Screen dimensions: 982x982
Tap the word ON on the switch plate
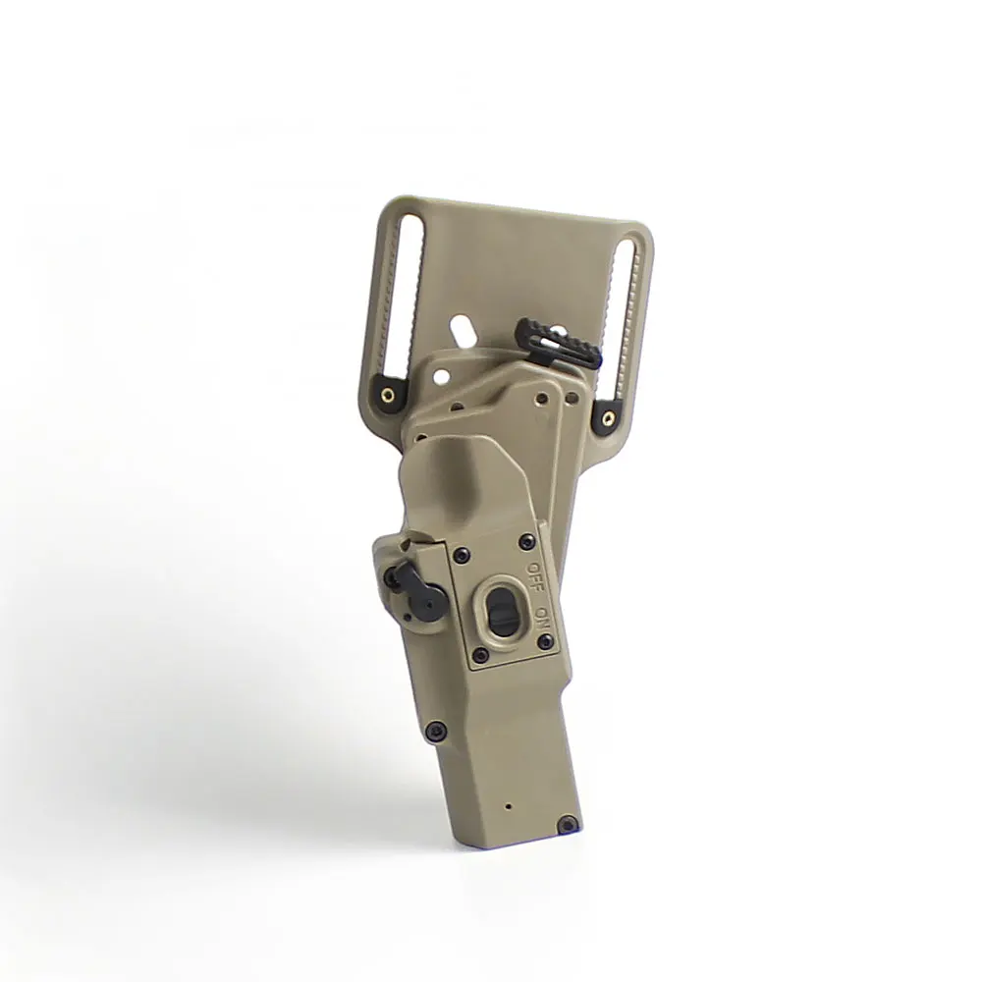tap(542, 615)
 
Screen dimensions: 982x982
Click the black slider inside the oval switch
tap(502, 610)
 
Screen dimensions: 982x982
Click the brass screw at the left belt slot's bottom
tap(390, 395)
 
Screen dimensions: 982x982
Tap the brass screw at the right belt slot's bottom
tap(608, 415)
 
